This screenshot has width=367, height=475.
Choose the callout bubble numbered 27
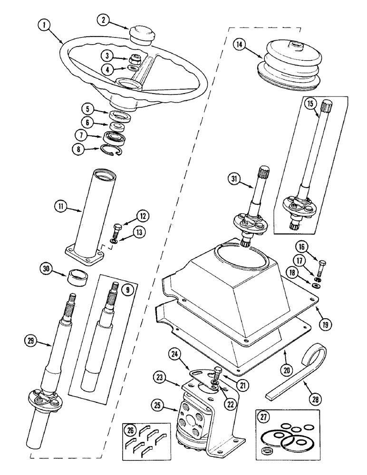coord(262,418)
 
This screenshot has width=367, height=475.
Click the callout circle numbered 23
coord(160,378)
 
